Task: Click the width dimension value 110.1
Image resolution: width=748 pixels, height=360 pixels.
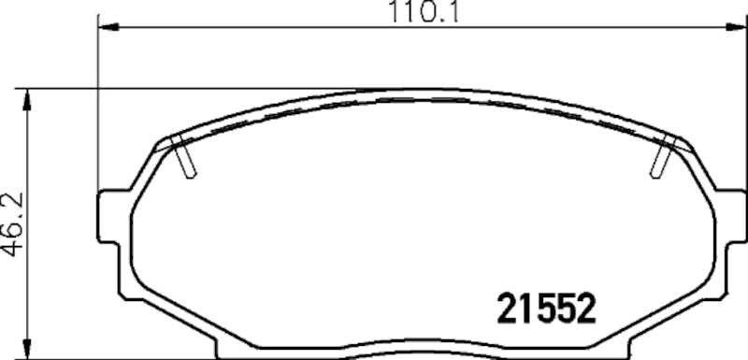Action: [x=412, y=13]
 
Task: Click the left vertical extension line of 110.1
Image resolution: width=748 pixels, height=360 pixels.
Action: [x=98, y=103]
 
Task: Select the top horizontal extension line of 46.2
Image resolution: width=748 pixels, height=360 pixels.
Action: [x=187, y=89]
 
